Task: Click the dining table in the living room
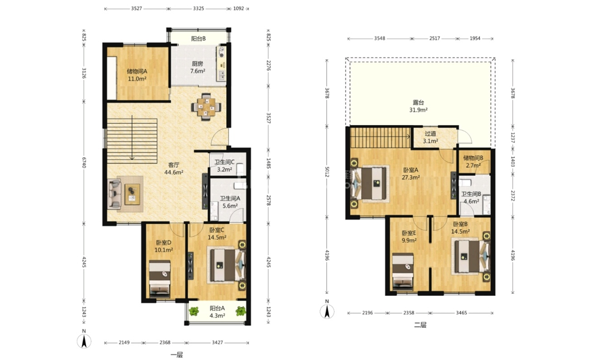(206, 107)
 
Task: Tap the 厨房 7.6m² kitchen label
(198, 68)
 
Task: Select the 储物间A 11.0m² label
(137, 75)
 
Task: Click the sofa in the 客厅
(115, 194)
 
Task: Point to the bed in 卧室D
(160, 278)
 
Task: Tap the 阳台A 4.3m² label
(218, 312)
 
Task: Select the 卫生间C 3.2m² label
(224, 166)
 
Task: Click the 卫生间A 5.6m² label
(230, 202)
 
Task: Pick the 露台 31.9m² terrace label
(418, 106)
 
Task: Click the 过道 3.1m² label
(431, 137)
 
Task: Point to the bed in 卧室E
(403, 272)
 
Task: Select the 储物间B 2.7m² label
(473, 162)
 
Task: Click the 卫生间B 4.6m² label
(471, 198)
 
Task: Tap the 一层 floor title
(176, 355)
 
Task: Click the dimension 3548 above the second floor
(379, 38)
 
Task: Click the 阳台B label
(198, 38)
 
